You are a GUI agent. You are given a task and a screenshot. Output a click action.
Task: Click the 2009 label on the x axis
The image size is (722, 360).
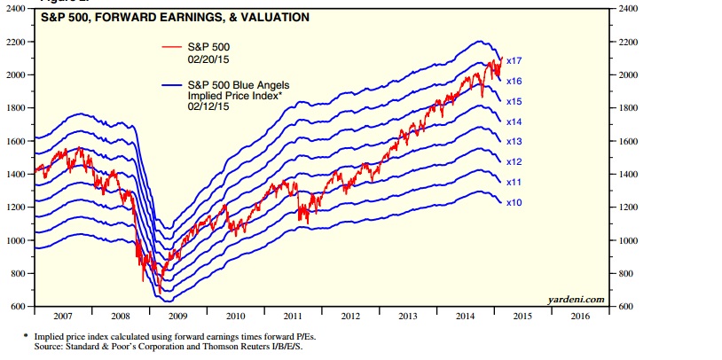[178, 316]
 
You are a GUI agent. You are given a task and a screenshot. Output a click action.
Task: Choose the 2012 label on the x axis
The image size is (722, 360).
[349, 316]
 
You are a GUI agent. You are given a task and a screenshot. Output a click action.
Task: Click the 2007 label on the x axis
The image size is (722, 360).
[63, 316]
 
